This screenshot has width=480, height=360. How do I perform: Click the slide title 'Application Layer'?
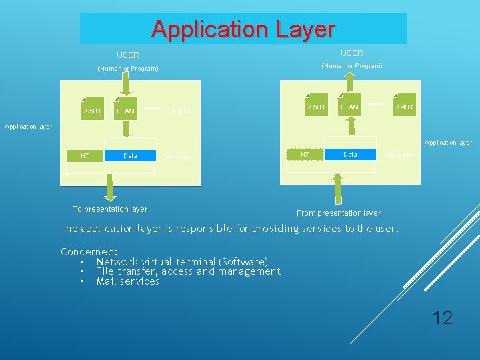(x=243, y=29)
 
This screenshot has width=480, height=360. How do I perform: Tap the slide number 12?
(x=442, y=317)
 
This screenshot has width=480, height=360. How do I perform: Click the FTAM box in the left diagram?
(x=125, y=110)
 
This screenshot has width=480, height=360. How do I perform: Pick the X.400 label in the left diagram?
(x=179, y=111)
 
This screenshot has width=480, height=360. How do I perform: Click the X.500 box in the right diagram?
(x=315, y=107)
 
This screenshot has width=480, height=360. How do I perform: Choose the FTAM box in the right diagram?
(x=349, y=107)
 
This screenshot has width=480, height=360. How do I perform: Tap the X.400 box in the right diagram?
(x=403, y=107)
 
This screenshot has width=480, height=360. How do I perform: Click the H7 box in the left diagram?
(x=85, y=155)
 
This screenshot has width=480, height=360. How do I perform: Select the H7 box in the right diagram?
(x=305, y=154)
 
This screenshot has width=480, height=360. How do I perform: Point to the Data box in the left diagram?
(x=131, y=155)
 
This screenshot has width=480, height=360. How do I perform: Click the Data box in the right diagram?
(x=350, y=154)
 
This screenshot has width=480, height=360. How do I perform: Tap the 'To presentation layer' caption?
(x=110, y=209)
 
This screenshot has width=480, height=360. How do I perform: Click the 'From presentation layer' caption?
(x=339, y=213)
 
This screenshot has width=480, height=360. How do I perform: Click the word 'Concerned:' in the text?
(x=89, y=252)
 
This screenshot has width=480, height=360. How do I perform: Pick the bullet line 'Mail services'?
(x=127, y=281)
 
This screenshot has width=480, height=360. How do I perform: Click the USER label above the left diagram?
(x=128, y=55)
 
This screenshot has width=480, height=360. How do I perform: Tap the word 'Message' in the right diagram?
(x=399, y=155)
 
